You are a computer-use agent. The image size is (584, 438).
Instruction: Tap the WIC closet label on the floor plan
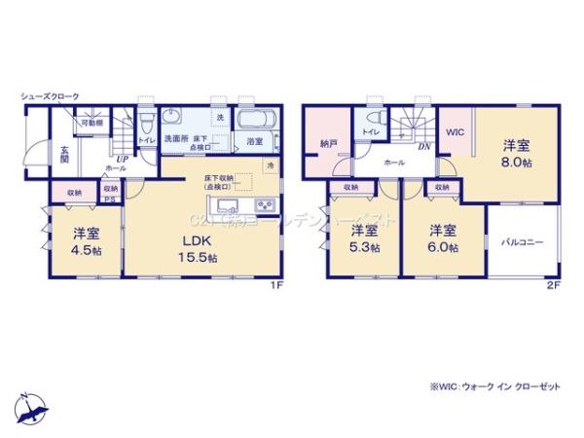click(x=456, y=132)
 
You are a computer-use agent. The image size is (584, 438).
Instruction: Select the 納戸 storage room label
click(x=328, y=143)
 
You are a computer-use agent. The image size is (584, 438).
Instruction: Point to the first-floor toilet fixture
click(x=147, y=125)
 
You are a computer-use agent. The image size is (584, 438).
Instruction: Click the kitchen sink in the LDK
click(x=226, y=204)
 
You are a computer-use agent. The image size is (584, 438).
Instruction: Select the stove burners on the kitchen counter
click(x=266, y=204)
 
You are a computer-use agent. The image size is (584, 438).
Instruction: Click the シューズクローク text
click(x=50, y=95)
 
